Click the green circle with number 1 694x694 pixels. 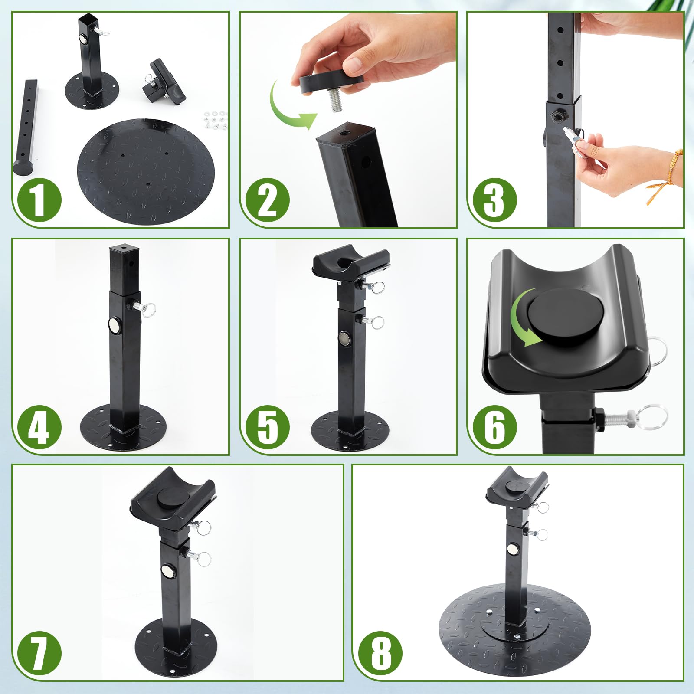tap(39, 200)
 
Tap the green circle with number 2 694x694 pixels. tap(267, 200)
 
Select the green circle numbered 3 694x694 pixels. tap(494, 200)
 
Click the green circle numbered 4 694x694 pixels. tap(39, 427)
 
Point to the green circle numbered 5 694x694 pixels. tap(267, 427)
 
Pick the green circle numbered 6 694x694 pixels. tap(494, 427)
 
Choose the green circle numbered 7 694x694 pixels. tap(39, 653)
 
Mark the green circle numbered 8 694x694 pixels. tap(380, 653)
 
